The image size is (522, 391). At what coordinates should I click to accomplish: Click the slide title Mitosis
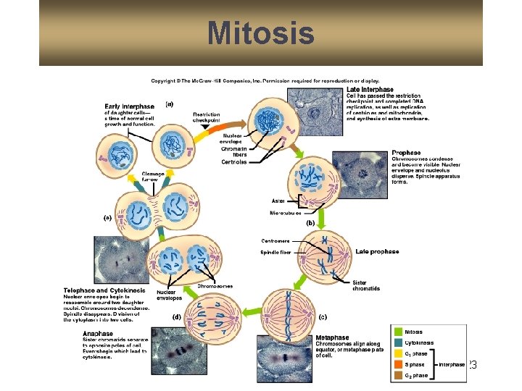[260, 33]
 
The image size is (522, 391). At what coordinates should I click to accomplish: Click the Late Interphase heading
[370, 90]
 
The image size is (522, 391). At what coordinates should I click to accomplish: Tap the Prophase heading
[405, 153]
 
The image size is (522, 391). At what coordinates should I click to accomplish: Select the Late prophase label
[377, 252]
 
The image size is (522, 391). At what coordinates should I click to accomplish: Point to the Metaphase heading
[332, 337]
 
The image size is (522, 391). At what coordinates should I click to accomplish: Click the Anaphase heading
[99, 334]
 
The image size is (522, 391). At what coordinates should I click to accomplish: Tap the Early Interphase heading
[130, 106]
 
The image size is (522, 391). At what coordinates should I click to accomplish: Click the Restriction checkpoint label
[207, 117]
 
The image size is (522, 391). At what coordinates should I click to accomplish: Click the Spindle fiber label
[275, 253]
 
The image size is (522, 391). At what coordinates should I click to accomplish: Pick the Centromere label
[275, 240]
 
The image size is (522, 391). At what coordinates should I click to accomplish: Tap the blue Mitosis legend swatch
[399, 332]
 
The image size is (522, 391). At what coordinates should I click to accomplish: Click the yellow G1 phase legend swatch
[399, 354]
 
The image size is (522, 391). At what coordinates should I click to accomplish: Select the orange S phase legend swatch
[399, 365]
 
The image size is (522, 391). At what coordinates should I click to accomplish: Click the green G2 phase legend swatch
[399, 376]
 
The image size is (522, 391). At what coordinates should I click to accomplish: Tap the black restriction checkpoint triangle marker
[206, 127]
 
